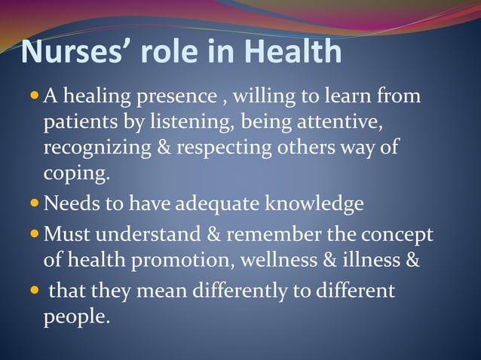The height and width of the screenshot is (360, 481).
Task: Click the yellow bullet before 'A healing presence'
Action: point(36,96)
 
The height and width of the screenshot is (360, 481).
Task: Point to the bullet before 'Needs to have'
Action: point(36,203)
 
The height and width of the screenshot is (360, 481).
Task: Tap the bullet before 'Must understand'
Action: point(36,234)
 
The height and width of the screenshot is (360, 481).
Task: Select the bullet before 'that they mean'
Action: point(36,291)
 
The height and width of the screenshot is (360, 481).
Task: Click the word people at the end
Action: point(75,317)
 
